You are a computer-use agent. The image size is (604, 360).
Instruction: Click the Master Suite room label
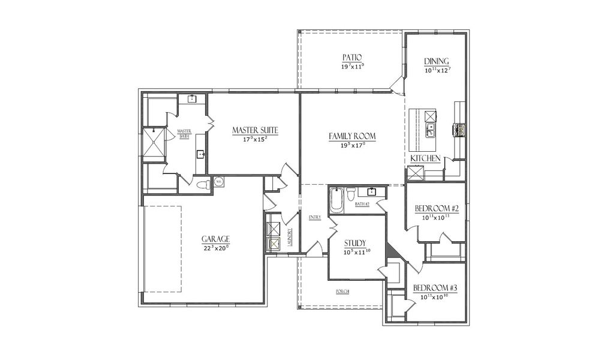coord(255,129)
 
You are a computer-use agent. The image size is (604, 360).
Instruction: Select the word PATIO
coord(351,58)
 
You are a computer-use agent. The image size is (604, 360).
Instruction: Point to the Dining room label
coord(436,62)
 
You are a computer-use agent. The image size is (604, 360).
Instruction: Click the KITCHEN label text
coord(426,158)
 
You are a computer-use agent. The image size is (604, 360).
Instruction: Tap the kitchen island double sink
coord(431,128)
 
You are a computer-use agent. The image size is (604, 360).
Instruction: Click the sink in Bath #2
coord(372,192)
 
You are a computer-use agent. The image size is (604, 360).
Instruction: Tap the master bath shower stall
coord(153,142)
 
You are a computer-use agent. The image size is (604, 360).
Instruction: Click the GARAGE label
coord(215,238)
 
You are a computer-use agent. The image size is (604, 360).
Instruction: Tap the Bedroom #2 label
coord(437,209)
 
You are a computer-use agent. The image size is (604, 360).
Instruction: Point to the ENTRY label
coord(314,217)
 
